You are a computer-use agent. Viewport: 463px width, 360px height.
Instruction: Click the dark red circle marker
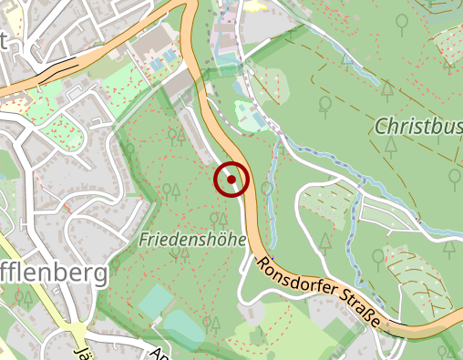231,180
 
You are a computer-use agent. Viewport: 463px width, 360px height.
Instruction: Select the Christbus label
417,126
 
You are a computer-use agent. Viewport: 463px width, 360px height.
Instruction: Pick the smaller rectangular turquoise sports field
156,301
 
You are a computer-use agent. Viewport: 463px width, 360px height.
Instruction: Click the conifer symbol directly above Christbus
387,89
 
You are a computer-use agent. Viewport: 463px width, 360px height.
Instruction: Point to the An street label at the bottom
157,354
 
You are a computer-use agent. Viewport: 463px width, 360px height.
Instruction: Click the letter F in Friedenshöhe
146,239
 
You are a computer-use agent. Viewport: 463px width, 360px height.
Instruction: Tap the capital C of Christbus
381,126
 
